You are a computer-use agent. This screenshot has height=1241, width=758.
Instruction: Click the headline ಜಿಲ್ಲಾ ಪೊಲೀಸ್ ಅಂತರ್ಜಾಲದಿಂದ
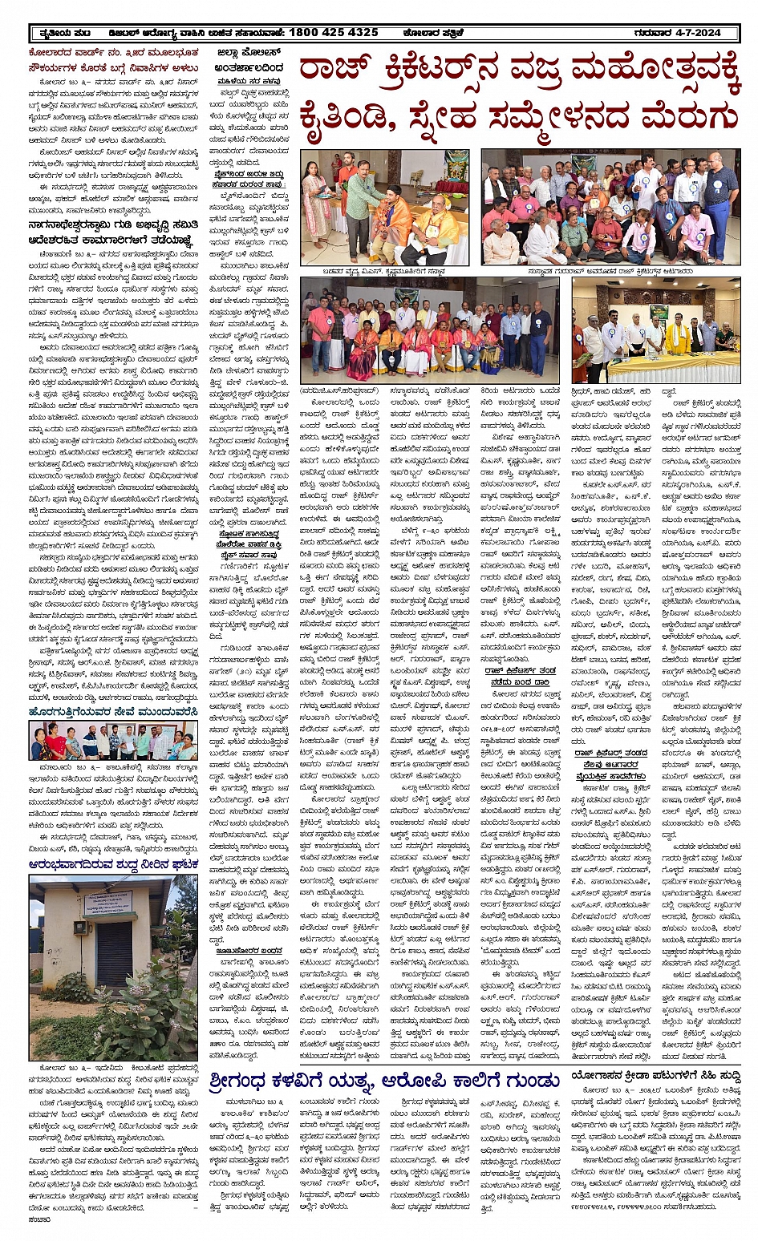(249, 61)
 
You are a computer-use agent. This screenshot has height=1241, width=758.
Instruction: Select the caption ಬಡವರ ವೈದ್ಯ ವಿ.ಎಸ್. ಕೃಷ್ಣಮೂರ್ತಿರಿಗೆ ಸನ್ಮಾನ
(385, 271)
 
